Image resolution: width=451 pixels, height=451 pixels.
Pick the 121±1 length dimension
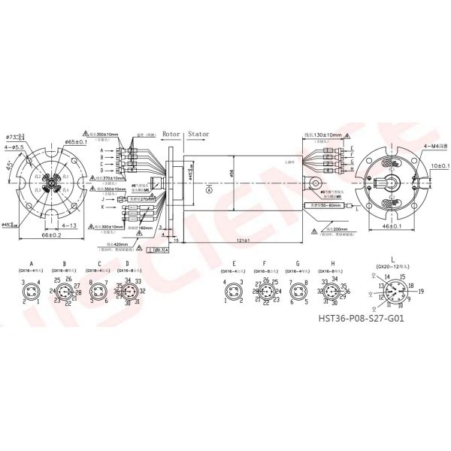pyautogui.click(x=241, y=240)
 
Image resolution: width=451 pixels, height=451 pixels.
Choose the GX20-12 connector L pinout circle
pyautogui.click(x=392, y=291)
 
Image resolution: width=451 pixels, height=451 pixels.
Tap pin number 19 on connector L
pyautogui.click(x=421, y=289)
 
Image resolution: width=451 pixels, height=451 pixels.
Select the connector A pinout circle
pyautogui.click(x=32, y=290)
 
